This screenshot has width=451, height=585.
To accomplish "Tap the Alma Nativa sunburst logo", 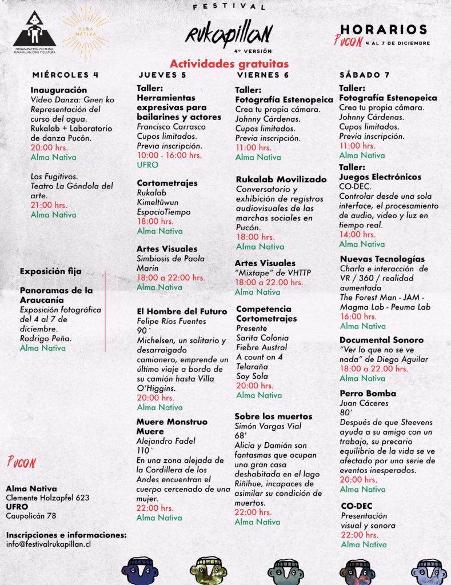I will pyautogui.click(x=86, y=31).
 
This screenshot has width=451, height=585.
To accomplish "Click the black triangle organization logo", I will pyautogui.click(x=34, y=31).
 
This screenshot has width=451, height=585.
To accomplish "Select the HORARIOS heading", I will pyautogui.click(x=384, y=30).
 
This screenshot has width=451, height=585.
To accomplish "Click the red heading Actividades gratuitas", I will pyautogui.click(x=229, y=64).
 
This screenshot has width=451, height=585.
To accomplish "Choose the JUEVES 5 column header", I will pyautogui.click(x=162, y=75).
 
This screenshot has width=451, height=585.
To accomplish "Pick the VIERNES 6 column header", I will pyautogui.click(x=263, y=75).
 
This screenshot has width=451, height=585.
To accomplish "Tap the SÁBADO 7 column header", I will pyautogui.click(x=365, y=75).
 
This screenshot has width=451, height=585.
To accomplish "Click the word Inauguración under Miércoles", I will pyautogui.click(x=59, y=90).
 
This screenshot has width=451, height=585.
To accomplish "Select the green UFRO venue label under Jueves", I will pyautogui.click(x=147, y=165).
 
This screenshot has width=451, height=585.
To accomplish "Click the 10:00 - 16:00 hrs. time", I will pyautogui.click(x=169, y=155).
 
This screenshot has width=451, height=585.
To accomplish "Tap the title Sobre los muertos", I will pyautogui.click(x=273, y=416).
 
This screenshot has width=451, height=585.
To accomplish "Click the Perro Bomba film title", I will pyautogui.click(x=368, y=393).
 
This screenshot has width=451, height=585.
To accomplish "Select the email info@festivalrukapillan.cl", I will pyautogui.click(x=49, y=544).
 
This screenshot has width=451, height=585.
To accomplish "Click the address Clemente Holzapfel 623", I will pyautogui.click(x=47, y=498).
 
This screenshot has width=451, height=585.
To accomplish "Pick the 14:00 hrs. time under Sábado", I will pyautogui.click(x=358, y=234).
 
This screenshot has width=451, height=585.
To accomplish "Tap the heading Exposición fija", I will pyautogui.click(x=50, y=271).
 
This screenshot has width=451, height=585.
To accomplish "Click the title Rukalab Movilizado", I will pyautogui.click(x=281, y=179).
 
